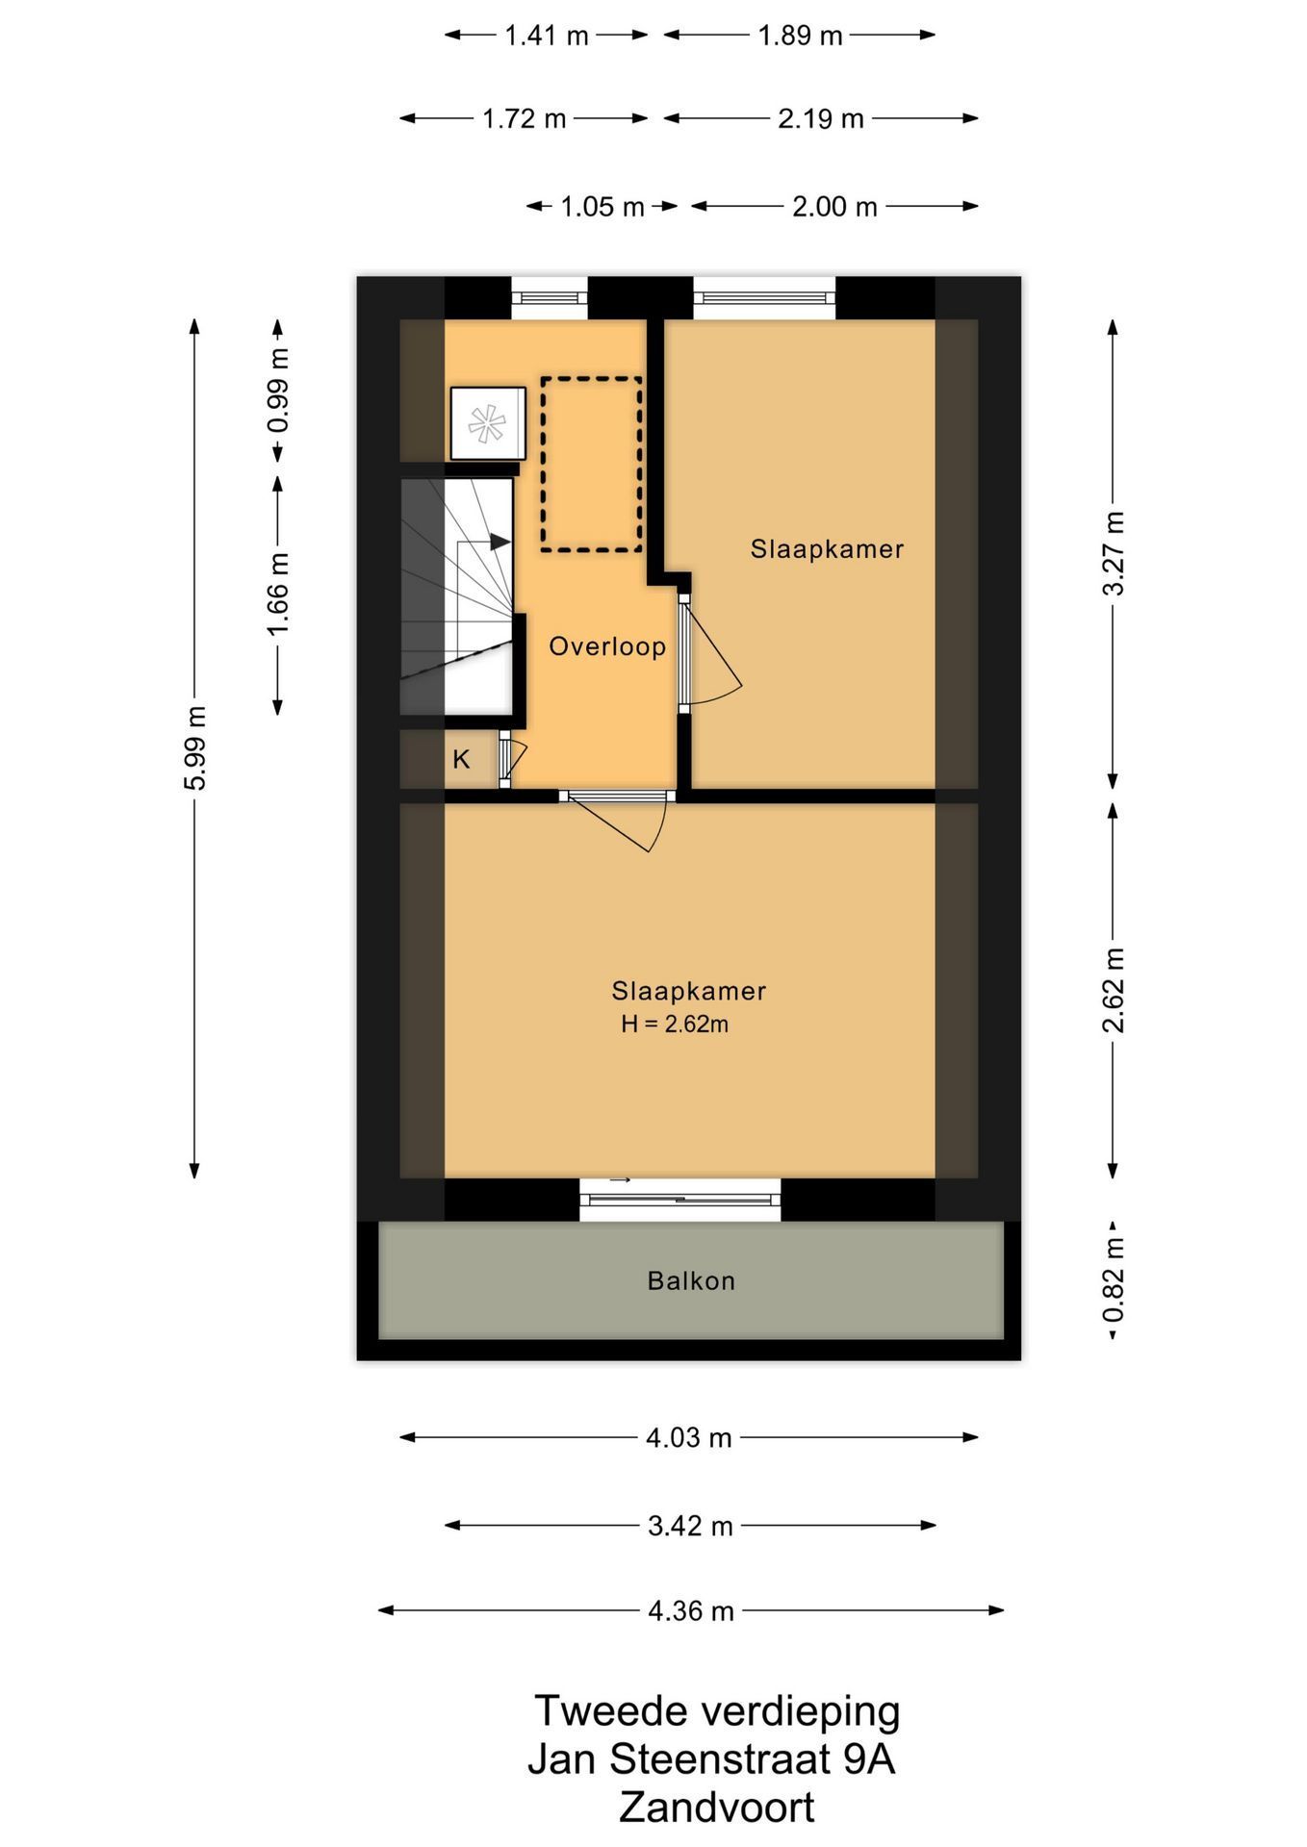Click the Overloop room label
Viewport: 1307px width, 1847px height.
tap(607, 646)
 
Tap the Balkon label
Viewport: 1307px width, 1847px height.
tap(691, 1281)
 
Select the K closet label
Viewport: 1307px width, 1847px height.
tap(462, 760)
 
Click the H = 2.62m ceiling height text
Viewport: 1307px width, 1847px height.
tap(675, 1025)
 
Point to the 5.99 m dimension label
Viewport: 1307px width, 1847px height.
tap(195, 748)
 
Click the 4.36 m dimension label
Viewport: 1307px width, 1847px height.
tap(691, 1610)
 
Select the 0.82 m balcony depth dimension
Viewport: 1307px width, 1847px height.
tap(1114, 1281)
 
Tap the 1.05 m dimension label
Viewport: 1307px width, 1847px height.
tap(602, 207)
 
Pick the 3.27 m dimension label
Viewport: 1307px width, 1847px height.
tap(1114, 553)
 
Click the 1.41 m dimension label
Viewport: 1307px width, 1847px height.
tap(546, 37)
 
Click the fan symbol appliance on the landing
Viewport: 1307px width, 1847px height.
tap(488, 423)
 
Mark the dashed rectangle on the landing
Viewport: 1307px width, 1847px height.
tap(591, 465)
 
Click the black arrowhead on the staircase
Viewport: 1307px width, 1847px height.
tap(500, 543)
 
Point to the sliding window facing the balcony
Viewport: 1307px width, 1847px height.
tap(680, 1200)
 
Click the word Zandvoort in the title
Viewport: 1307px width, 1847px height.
tap(716, 1808)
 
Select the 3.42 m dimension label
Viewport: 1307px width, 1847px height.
tap(690, 1526)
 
